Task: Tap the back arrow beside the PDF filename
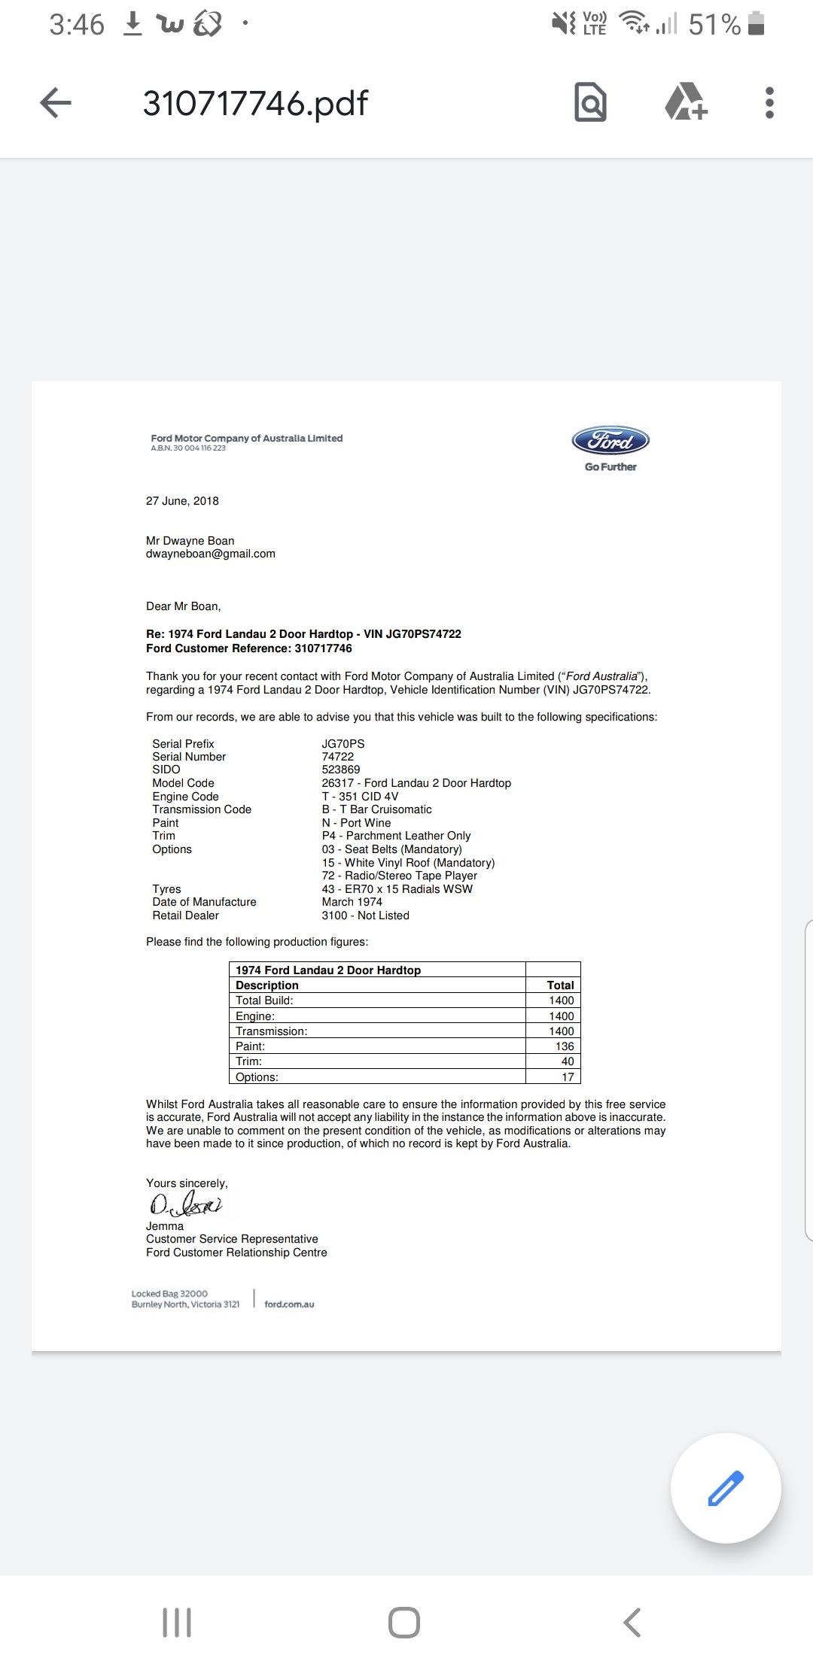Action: pos(55,103)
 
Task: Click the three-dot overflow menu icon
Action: pos(769,103)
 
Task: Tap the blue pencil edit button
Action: pos(726,1488)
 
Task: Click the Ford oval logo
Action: pos(611,442)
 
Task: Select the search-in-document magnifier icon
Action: pos(590,103)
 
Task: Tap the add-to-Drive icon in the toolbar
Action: pos(686,103)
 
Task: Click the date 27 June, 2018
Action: pos(182,501)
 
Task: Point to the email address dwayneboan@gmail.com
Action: pos(211,554)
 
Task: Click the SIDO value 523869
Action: pos(341,770)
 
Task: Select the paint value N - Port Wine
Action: pos(356,823)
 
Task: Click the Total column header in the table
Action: pos(560,985)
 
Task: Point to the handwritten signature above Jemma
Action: pos(185,1205)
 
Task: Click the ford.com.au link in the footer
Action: pos(289,1304)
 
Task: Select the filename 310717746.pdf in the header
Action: pos(255,103)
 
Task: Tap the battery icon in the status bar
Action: pos(757,25)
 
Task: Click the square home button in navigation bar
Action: pos(404,1623)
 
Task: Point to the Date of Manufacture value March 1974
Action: pos(352,902)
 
